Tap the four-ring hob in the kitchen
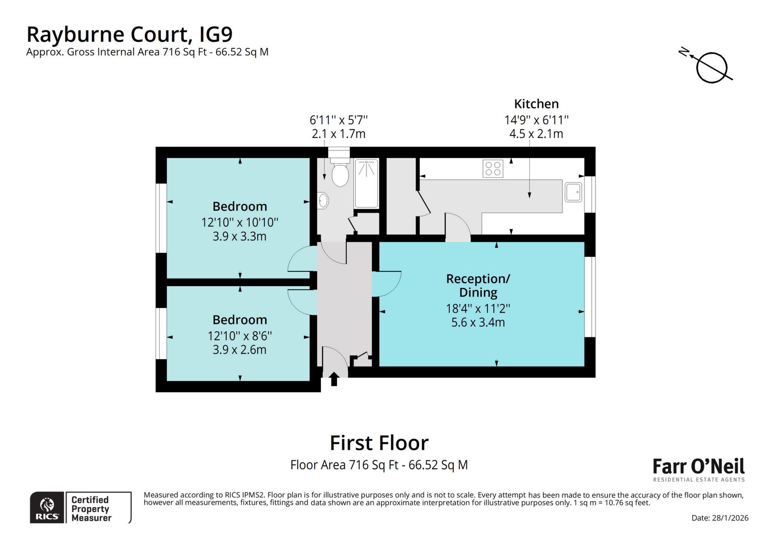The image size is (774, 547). click(493, 168)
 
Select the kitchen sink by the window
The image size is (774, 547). click(573, 192)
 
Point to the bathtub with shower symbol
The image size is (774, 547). click(366, 183)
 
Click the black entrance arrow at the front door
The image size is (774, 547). click(334, 379)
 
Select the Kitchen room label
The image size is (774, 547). click(536, 104)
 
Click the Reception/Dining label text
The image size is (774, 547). click(478, 285)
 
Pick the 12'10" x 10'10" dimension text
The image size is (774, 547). click(240, 222)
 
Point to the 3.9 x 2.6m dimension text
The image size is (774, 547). click(239, 349)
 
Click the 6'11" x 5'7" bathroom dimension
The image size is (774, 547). click(339, 120)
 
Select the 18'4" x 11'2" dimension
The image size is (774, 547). click(478, 309)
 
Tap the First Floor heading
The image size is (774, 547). click(379, 443)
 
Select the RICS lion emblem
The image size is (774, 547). click(47, 504)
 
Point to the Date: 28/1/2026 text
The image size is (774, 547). click(720, 518)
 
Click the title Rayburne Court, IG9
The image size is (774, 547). click(129, 34)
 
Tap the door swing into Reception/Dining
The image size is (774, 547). click(386, 283)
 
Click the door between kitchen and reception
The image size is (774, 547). click(458, 228)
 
